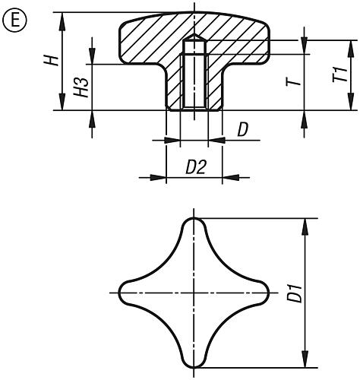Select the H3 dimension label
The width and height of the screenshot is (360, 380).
[x=81, y=87]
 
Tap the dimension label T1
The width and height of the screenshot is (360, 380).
[x=340, y=74]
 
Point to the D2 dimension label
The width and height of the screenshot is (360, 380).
[x=196, y=167]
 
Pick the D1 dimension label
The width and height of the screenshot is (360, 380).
[x=295, y=293]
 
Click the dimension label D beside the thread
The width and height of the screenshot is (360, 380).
[x=243, y=130]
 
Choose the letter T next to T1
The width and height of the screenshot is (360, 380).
[x=294, y=81]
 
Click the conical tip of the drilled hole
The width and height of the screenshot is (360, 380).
[x=194, y=36]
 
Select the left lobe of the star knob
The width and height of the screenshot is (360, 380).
[x=127, y=293]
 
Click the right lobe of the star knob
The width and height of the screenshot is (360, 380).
[x=261, y=293]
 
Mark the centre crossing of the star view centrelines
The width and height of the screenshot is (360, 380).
[x=194, y=293]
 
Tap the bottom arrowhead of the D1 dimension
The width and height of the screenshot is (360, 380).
[x=305, y=359]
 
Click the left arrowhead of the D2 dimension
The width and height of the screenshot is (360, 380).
[x=158, y=177]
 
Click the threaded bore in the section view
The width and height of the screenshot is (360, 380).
[x=194, y=81]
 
